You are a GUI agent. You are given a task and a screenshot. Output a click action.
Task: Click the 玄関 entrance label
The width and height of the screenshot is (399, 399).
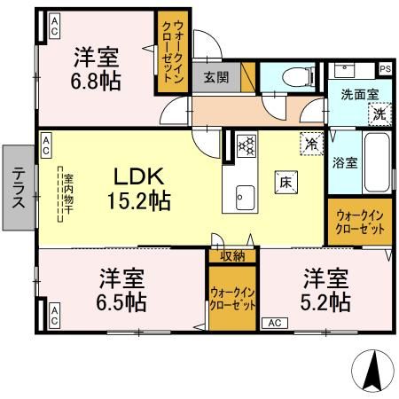coord(215,77)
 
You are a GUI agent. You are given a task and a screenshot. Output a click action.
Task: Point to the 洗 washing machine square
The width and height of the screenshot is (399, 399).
coord(379,113)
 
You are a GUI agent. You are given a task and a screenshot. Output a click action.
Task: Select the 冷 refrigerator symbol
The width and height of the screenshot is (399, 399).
coord(311,141)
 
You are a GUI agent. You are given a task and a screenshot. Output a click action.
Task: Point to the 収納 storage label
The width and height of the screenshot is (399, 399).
coord(232,256)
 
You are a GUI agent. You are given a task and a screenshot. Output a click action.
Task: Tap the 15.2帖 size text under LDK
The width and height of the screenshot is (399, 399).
coord(139,201)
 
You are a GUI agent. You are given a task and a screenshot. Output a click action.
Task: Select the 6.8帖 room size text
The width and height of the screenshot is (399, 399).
coord(97,81)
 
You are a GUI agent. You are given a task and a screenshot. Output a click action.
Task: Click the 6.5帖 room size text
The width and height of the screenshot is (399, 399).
coord(122,301)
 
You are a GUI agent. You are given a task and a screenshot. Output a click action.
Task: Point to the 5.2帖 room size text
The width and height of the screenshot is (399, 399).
coord(325,301)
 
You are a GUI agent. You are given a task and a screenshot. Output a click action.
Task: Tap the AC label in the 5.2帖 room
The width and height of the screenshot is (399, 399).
coord(274,324)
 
